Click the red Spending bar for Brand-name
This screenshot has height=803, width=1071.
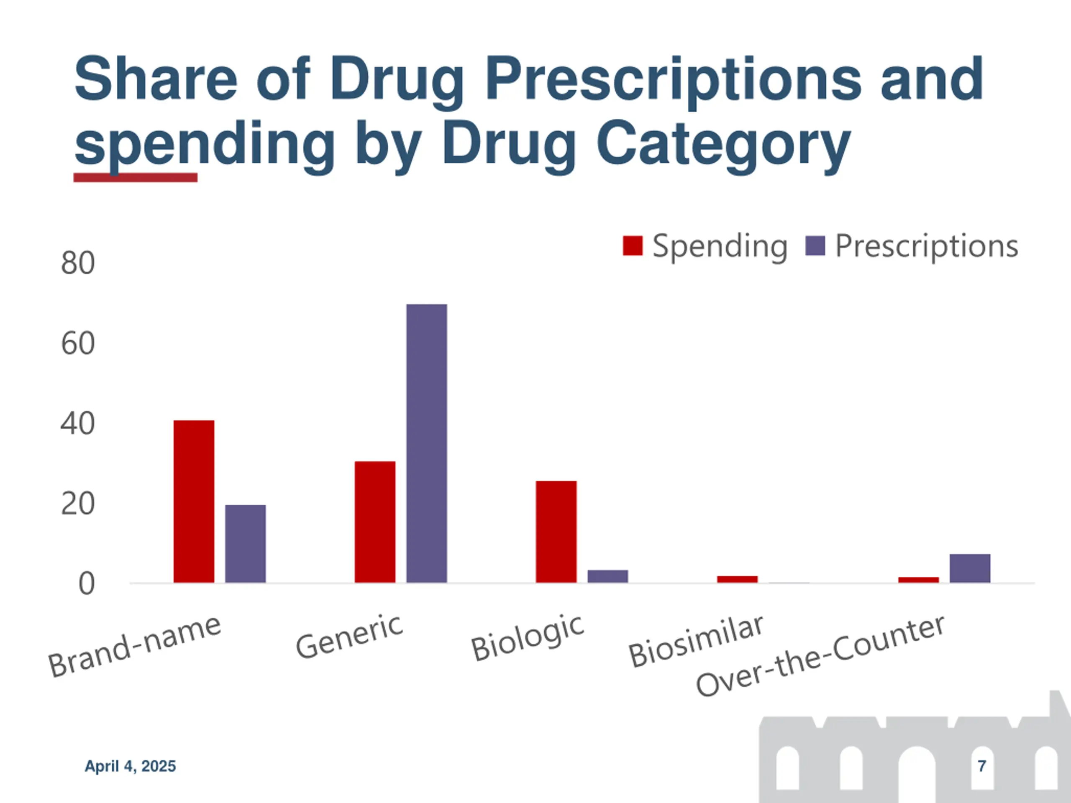[x=194, y=501]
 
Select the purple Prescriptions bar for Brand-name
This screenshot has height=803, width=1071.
[x=246, y=544]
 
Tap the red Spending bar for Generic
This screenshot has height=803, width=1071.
[x=375, y=522]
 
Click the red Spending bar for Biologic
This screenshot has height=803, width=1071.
[x=556, y=532]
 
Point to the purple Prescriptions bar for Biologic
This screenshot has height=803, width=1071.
[x=607, y=576]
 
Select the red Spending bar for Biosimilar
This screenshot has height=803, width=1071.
[x=737, y=579]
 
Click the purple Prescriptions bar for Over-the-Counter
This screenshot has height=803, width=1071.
[x=970, y=568]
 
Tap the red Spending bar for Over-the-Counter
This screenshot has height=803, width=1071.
[x=918, y=579]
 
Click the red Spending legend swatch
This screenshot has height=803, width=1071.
[x=632, y=246]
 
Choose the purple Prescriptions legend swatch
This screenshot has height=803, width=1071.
[x=815, y=246]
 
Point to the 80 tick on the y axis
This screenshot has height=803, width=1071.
[x=77, y=263]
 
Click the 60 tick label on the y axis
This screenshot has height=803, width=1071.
[x=77, y=344]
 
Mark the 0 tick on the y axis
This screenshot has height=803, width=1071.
[x=86, y=584]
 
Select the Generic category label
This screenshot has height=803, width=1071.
[x=349, y=636]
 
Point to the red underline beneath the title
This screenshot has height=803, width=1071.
[x=135, y=178]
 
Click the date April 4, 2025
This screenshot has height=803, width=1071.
[x=130, y=766]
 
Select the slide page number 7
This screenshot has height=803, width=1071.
[x=981, y=766]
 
